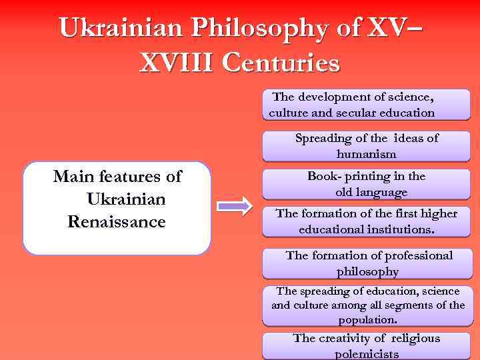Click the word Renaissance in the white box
click(117, 222)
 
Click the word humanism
click(366, 154)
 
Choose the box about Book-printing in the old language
click(366, 184)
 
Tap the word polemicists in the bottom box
click(366, 353)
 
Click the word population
click(367, 319)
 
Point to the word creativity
click(349, 338)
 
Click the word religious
click(411, 338)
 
